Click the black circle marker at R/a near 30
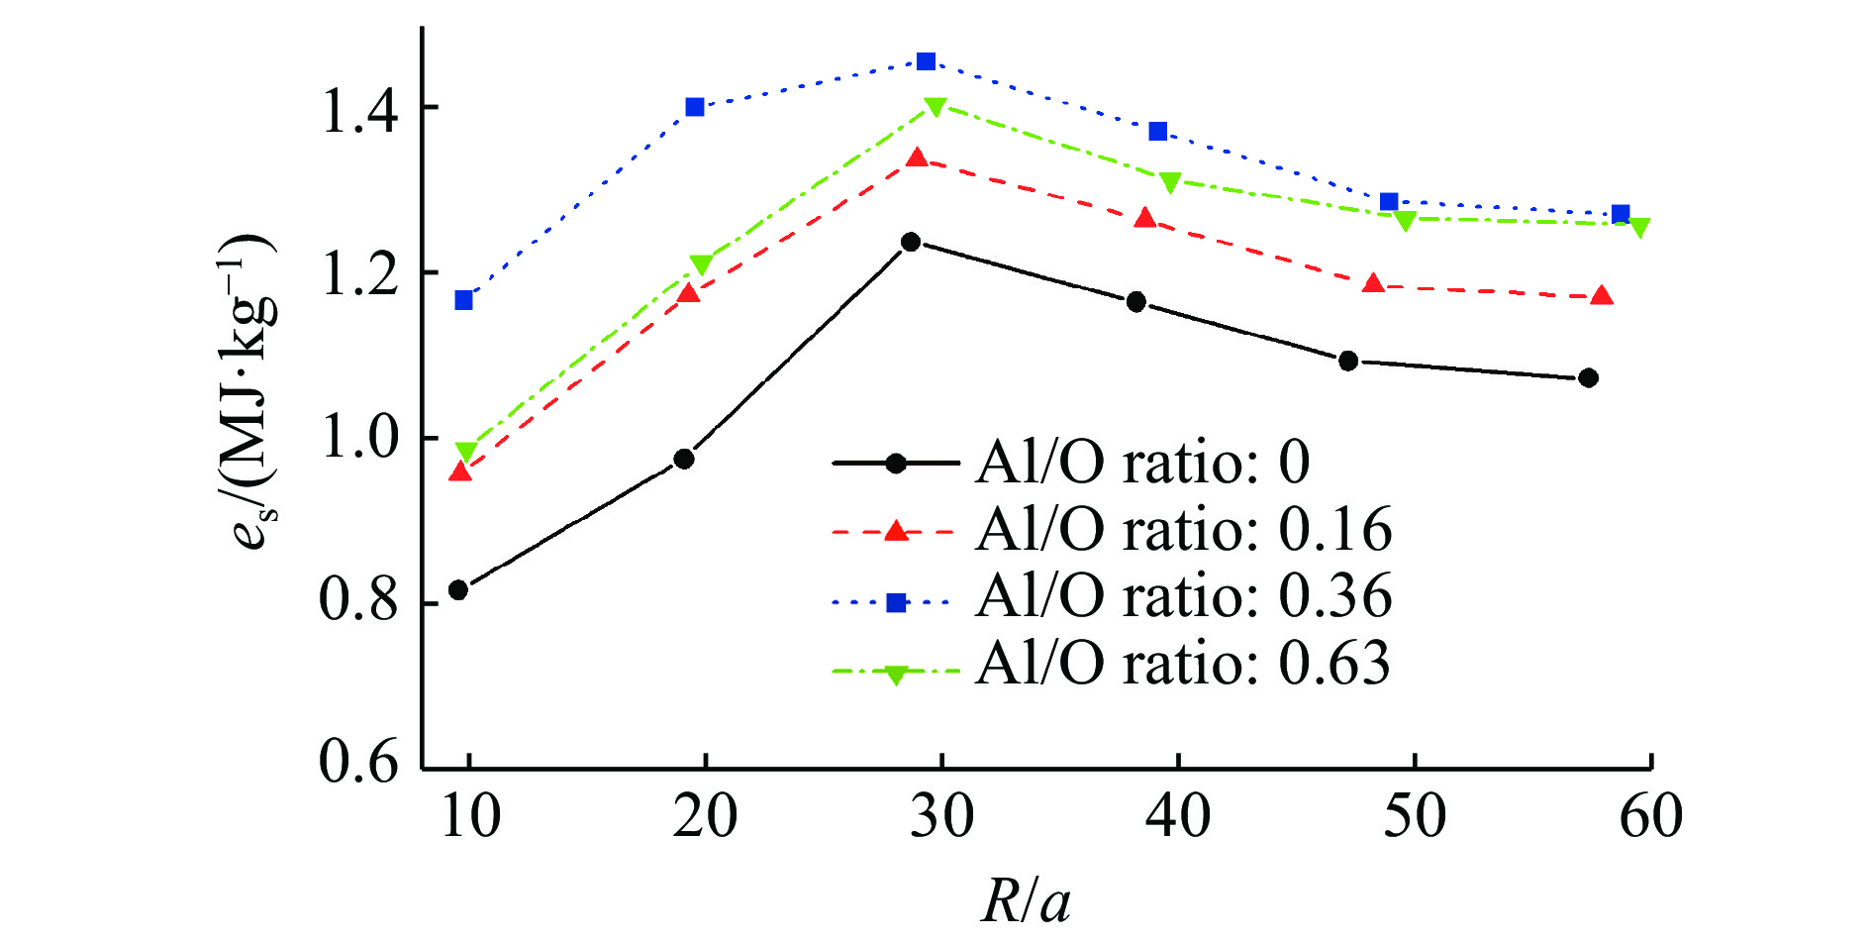coord(911,242)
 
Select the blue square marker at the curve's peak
coord(926,62)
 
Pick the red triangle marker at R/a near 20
coord(688,293)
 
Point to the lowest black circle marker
coord(458,590)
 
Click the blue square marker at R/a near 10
coord(463,300)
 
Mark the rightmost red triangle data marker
coord(1602,296)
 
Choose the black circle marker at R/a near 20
coord(684,459)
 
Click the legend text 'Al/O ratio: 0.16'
coord(1184,529)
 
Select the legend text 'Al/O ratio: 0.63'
coord(1183,663)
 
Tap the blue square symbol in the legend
coord(896,602)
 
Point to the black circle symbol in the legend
coord(896,463)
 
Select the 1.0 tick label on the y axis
coord(359,437)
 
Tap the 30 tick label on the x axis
coord(941,817)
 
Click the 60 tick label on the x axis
coord(1650,817)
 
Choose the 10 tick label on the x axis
coord(469,817)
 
